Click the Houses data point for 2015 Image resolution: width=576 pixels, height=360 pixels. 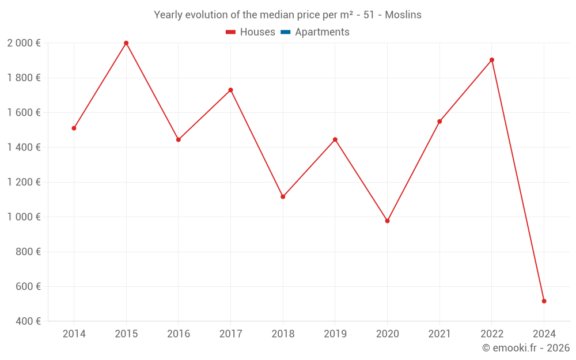(126, 43)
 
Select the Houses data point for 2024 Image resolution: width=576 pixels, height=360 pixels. (544, 301)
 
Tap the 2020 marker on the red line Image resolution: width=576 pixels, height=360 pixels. (387, 221)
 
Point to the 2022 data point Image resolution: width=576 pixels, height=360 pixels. (492, 60)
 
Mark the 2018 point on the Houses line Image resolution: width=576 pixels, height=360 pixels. (283, 197)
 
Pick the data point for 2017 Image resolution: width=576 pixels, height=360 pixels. (230, 90)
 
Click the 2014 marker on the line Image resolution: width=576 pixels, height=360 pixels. (74, 128)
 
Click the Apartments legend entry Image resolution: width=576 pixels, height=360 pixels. (322, 32)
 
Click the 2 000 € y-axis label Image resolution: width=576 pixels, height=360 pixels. (24, 43)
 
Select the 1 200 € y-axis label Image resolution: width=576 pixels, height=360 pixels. (24, 182)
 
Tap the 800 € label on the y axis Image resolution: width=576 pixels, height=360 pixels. (27, 252)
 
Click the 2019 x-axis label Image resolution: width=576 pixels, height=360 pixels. (335, 334)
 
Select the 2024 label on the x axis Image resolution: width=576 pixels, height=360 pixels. (544, 334)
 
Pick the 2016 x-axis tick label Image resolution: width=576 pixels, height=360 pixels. (178, 334)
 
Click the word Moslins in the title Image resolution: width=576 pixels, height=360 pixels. (403, 15)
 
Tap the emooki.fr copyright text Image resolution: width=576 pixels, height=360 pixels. (526, 348)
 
